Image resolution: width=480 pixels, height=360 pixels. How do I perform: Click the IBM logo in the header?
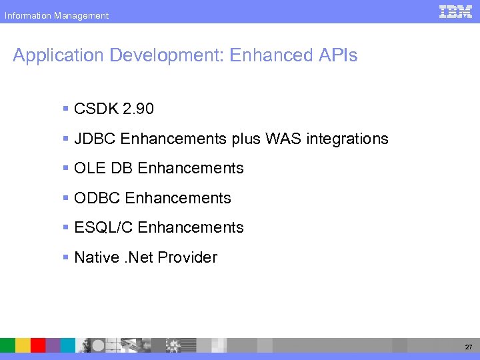point(456,11)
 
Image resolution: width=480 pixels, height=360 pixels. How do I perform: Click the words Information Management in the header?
point(57,15)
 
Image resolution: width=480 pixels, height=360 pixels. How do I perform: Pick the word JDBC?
point(95,139)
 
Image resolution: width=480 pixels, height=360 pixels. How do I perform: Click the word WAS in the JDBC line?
point(285,139)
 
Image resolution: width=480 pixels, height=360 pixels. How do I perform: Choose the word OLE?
point(89,169)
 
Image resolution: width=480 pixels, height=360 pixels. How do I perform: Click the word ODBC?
point(97,198)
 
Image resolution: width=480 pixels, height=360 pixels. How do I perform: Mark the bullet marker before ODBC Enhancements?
point(65,198)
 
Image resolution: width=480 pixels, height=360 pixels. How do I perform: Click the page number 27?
point(467,347)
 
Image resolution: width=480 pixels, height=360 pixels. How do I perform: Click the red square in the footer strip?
point(38,345)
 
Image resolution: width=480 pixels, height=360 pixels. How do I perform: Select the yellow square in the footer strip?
point(23,345)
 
